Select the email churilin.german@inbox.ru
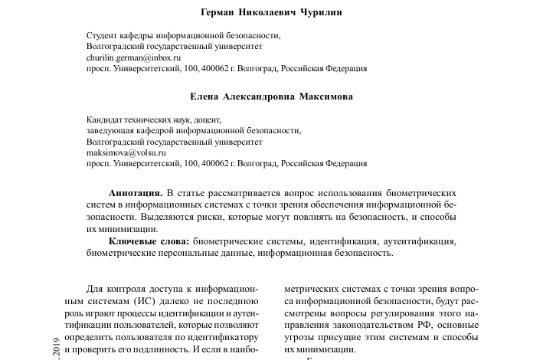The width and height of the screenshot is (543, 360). (133, 57)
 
